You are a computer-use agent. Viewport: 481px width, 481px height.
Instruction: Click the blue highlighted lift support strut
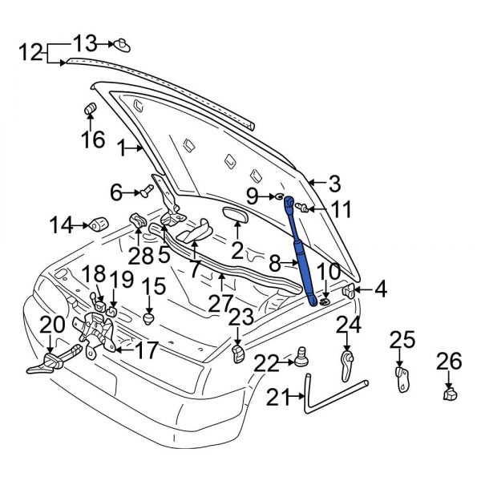(299, 249)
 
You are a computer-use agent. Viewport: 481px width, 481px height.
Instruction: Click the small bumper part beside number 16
(90, 109)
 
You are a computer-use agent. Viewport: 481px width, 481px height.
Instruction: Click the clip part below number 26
(451, 393)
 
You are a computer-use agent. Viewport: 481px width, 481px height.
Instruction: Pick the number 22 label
(266, 364)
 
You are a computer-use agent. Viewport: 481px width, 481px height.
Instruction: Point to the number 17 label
(146, 350)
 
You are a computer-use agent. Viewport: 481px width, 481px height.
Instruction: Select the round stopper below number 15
(149, 317)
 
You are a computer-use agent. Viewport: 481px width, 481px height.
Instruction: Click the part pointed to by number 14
(99, 221)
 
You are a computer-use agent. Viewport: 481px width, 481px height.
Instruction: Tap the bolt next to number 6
(147, 192)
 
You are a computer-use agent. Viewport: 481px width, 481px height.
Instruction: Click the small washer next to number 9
(277, 196)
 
